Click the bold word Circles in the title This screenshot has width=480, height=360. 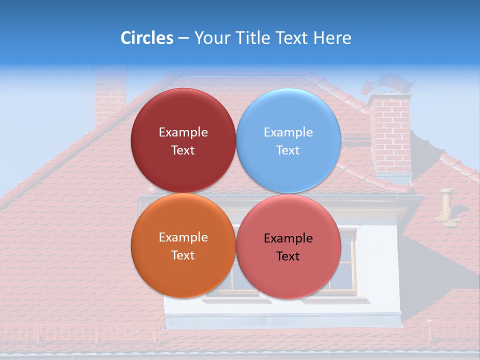[x=146, y=38]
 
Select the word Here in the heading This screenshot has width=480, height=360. [x=332, y=38]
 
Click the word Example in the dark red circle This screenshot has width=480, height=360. [x=183, y=132]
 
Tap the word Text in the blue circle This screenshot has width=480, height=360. [x=288, y=150]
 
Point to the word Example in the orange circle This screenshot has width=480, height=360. [x=183, y=237]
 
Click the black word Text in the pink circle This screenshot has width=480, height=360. [x=288, y=256]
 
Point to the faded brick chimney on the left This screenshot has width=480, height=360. [x=110, y=95]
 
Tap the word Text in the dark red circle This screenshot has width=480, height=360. [x=183, y=150]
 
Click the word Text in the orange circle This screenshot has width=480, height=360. [x=183, y=255]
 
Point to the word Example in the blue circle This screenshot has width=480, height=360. [x=288, y=132]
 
